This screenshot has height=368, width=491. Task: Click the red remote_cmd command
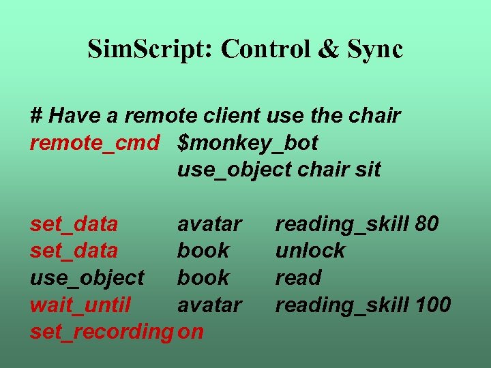pos(95,142)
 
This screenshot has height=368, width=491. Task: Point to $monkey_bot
pos(248,143)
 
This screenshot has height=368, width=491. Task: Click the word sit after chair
pos(369,170)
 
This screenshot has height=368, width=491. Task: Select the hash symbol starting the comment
pos(37,116)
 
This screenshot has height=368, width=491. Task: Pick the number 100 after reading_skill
pos(432,305)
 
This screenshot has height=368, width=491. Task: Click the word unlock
pos(310,251)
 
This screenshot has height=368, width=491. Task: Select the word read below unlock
pos(298,278)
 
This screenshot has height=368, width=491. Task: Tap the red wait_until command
pos(80,305)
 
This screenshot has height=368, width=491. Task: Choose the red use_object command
pos(87,278)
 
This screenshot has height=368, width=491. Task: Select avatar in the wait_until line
pos(209,305)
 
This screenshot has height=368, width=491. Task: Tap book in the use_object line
pos(203,278)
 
